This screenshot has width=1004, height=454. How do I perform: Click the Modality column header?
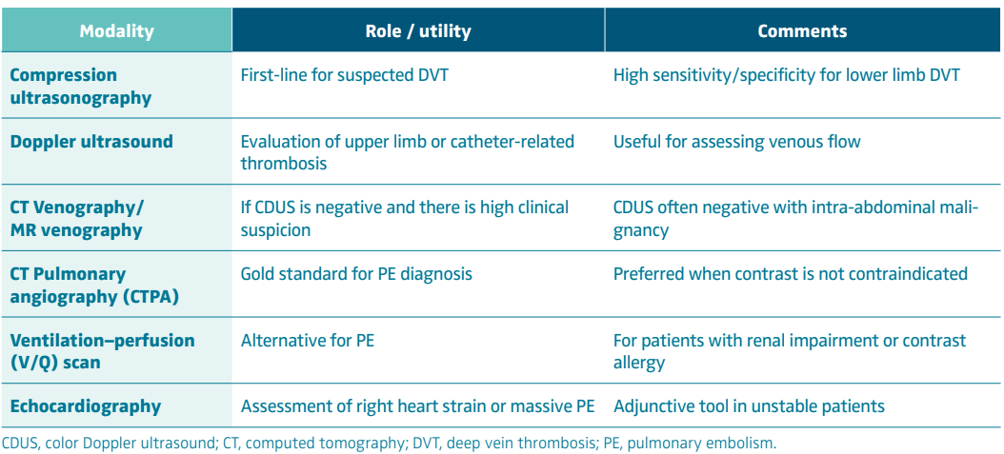coord(116,31)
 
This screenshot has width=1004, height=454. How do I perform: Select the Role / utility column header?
coord(418,31)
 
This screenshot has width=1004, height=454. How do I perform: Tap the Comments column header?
coord(802,31)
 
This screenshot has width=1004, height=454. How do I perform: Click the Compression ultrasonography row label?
coord(81,87)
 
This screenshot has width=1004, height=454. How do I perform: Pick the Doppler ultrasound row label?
coord(91,141)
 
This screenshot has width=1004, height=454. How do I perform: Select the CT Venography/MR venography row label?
coord(77,219)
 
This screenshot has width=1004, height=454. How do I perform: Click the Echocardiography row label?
coord(85,406)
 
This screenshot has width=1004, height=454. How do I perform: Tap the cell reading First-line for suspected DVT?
coord(345,75)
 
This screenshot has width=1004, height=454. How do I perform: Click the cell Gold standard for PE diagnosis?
coord(356,274)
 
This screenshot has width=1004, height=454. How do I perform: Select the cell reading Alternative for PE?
coord(308,340)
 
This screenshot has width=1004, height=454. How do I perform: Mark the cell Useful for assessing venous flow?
coord(737,141)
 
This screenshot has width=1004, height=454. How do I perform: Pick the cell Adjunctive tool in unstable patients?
coord(749,406)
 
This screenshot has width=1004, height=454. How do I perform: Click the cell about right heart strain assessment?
coord(417,406)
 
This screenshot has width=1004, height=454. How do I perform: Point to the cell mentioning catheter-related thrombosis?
coord(408,152)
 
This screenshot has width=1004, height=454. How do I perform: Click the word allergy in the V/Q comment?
coord(639,364)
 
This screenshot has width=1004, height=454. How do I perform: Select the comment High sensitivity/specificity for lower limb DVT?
coord(787,75)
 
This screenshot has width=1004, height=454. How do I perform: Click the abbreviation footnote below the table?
coord(390,444)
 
